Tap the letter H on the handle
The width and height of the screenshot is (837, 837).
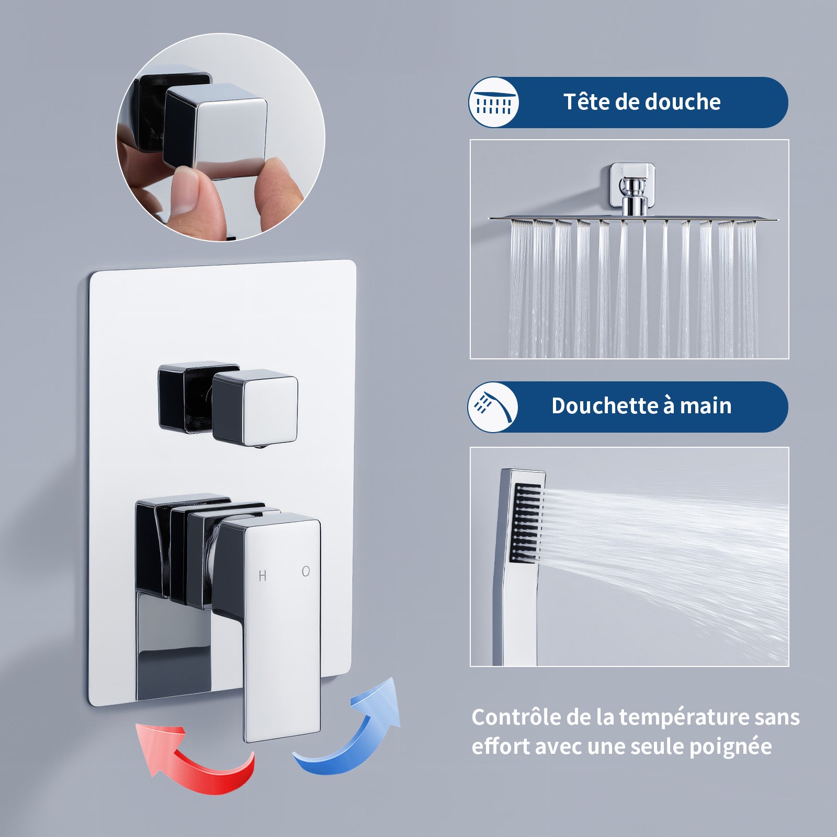pyautogui.click(x=263, y=576)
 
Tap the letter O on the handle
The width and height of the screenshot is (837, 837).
pyautogui.click(x=306, y=572)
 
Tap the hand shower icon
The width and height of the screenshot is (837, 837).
pyautogui.click(x=493, y=407)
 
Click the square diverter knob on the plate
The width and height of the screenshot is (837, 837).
pyautogui.click(x=255, y=408)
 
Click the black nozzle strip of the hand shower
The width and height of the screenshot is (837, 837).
pyautogui.click(x=525, y=523)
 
